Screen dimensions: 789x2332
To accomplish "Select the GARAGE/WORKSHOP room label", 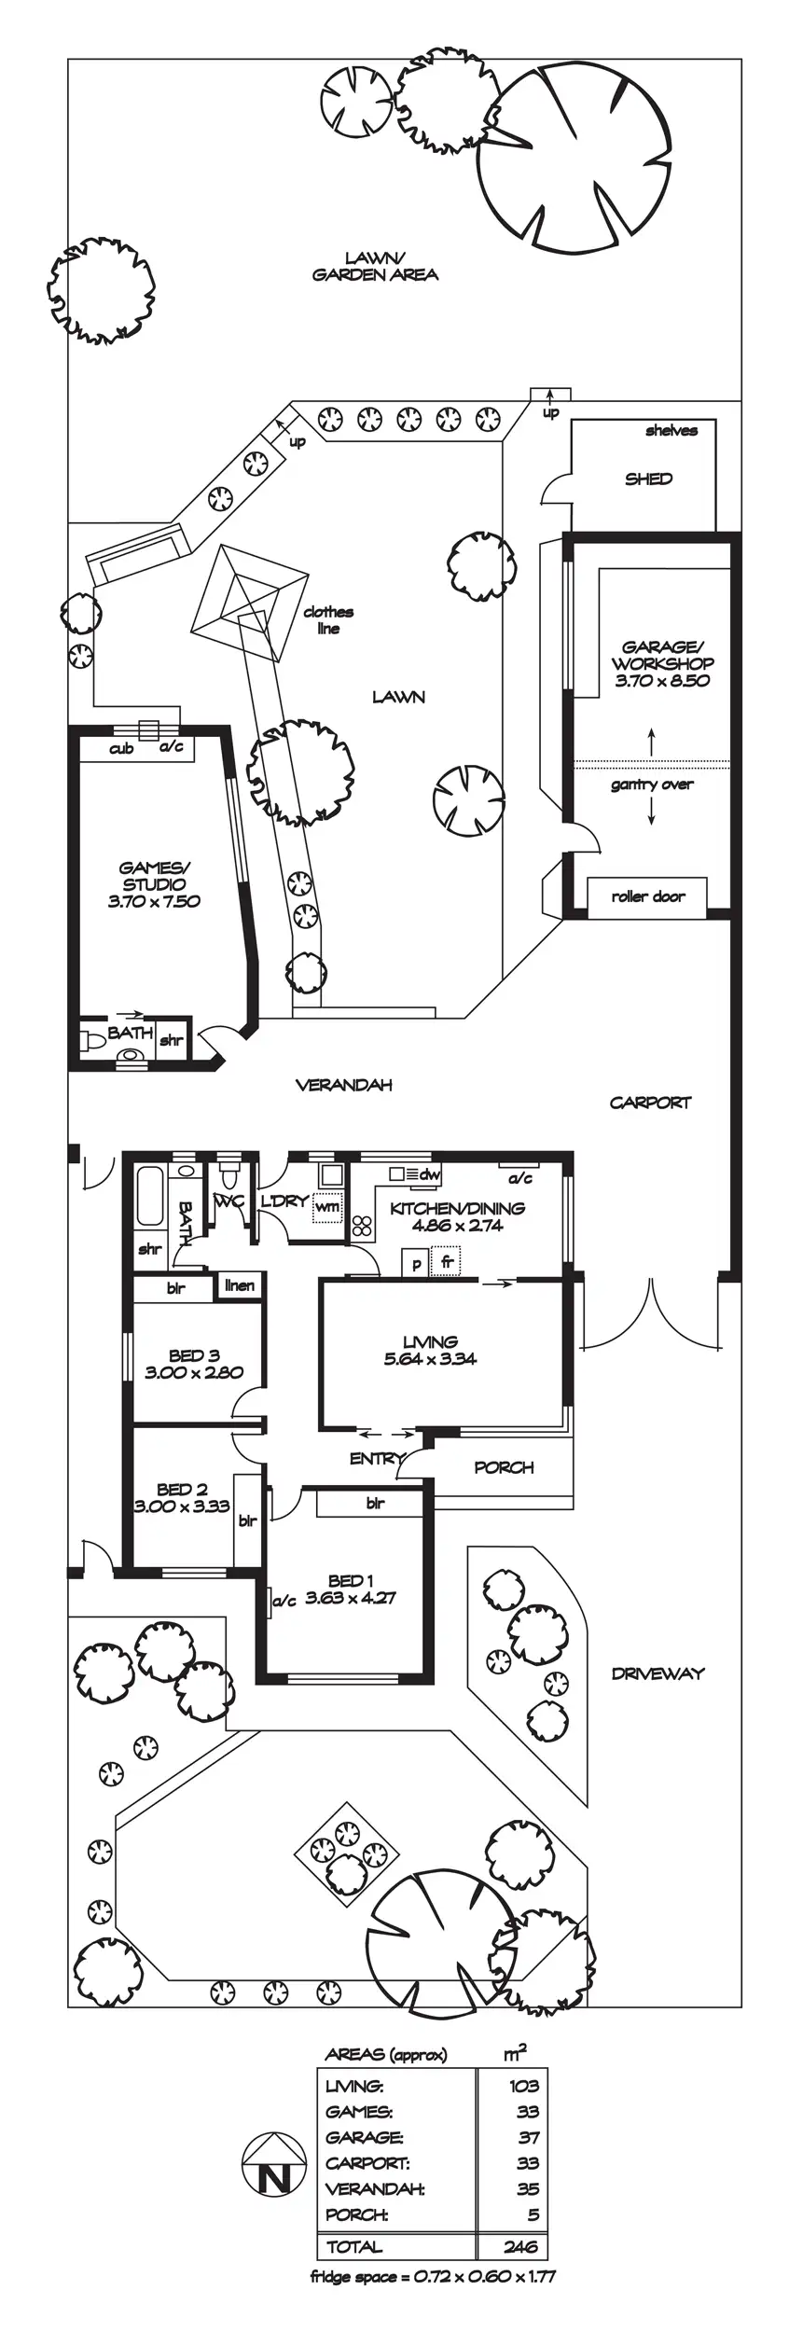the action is pos(662,654).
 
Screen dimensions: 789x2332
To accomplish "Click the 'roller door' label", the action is pos(647,896).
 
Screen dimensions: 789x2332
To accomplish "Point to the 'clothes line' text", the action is pos(328,620).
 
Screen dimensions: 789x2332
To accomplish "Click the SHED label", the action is pos(648,479).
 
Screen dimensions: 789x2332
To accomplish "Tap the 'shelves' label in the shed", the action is pos(671,431).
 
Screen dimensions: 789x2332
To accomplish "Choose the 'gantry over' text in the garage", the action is pos(652,784).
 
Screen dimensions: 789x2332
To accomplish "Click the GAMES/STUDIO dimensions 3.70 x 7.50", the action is pos(154,901).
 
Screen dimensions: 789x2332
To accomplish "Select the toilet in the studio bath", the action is pos(91,1041).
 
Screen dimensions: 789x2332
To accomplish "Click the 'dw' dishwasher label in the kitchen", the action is pos(428,1174).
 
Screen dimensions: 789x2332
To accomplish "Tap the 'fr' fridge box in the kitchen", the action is pos(448,1262).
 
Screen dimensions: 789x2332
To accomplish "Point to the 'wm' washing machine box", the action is pos(327,1207).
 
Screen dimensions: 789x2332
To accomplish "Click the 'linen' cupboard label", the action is pos(240,1285).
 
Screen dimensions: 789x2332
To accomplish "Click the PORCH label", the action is pos(504,1467).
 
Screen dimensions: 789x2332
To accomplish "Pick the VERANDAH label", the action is pos(343,1085).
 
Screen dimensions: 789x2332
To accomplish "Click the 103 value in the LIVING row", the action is pos(524,2085).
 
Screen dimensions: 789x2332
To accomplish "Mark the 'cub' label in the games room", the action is pos(121,749).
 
